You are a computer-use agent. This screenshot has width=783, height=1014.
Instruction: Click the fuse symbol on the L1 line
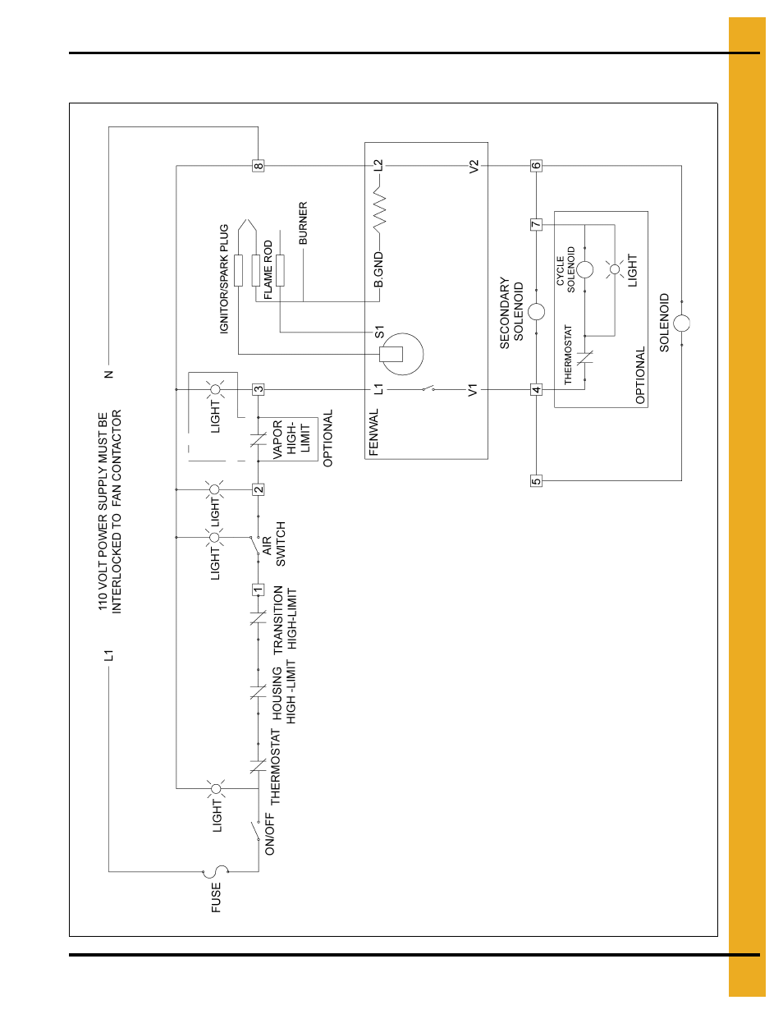[216, 871]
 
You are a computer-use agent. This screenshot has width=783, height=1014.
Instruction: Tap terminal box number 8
[259, 166]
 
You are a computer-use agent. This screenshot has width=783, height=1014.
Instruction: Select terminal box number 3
[259, 389]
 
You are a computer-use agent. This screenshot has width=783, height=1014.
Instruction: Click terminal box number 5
[536, 480]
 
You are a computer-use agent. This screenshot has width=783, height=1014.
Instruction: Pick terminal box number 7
[536, 224]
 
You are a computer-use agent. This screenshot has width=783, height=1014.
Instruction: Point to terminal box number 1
[259, 590]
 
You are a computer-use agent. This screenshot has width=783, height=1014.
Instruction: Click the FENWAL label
[374, 433]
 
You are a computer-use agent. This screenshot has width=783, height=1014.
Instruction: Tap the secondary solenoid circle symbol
[536, 312]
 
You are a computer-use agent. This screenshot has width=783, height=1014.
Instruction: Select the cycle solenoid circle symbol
[584, 269]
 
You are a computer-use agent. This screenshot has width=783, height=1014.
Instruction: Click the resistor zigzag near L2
[379, 211]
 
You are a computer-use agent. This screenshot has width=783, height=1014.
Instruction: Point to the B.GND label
[378, 270]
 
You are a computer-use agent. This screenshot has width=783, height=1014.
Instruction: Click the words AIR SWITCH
[273, 544]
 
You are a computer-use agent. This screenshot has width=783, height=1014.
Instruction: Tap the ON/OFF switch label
[270, 834]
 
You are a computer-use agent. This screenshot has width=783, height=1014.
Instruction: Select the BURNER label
[303, 223]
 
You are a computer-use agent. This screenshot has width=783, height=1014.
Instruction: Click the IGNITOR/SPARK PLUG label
[224, 279]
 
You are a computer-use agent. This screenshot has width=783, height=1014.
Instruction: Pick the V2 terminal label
[474, 166]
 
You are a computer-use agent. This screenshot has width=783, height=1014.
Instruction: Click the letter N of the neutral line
[108, 374]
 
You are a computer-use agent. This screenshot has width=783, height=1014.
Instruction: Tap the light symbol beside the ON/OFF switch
[217, 789]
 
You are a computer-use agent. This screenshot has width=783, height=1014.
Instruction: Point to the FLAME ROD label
[268, 269]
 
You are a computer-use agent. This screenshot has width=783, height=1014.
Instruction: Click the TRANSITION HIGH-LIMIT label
[285, 619]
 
